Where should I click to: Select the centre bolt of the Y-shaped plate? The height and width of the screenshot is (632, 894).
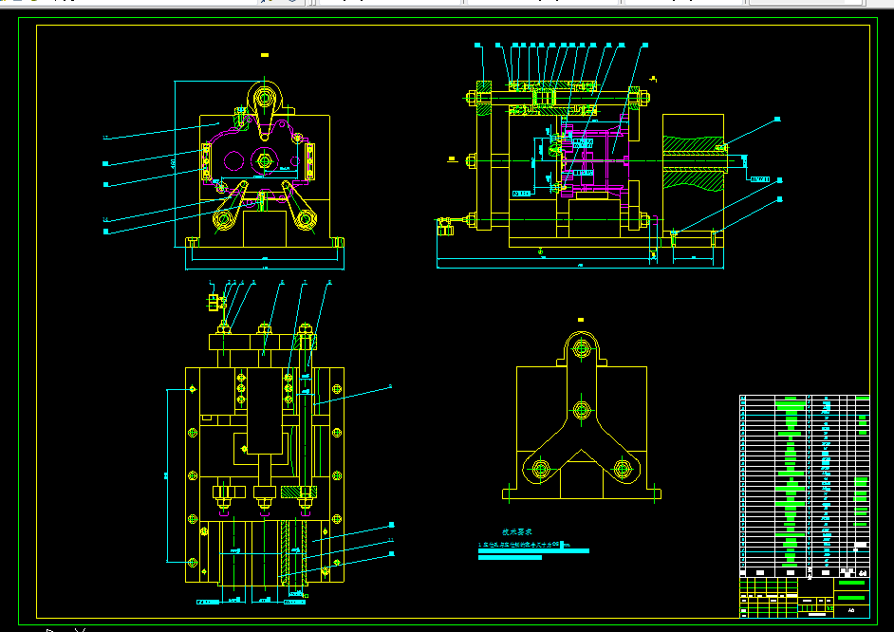(x=579, y=411)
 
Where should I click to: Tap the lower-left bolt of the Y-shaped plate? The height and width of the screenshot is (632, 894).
(x=541, y=468)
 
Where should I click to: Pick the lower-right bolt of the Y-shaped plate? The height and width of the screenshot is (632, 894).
(x=622, y=468)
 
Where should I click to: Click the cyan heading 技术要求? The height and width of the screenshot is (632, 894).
(x=517, y=534)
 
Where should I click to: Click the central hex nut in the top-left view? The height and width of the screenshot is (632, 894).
(x=265, y=160)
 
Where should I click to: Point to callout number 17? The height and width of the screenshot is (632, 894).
(x=106, y=139)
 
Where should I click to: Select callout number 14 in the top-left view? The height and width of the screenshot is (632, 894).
(x=106, y=220)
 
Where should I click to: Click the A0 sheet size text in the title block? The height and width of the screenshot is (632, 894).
(x=851, y=610)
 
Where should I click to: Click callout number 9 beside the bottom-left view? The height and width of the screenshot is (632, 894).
(x=389, y=386)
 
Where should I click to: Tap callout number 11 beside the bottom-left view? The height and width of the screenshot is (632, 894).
(x=391, y=540)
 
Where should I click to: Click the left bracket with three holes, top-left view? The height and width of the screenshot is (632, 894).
(x=206, y=161)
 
